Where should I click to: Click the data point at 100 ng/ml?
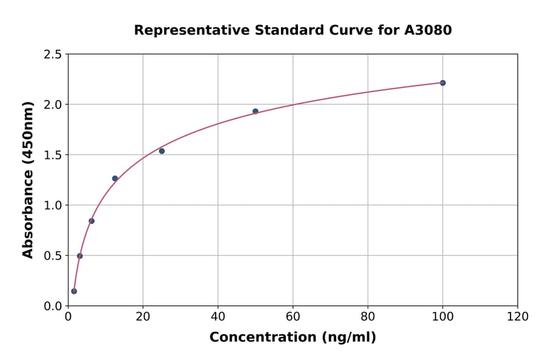point(443,83)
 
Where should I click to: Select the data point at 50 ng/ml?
point(256,112)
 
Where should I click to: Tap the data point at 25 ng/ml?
point(162,151)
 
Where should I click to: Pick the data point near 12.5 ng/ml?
point(115,179)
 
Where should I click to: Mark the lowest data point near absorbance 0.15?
point(74,291)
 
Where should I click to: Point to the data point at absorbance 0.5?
point(80,256)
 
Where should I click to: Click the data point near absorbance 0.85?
point(91,221)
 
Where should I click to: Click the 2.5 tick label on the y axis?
point(53,55)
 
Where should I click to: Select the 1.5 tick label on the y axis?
point(53,155)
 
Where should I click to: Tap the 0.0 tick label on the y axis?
point(53,306)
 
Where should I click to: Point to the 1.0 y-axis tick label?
point(53,205)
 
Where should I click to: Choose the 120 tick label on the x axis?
point(517,316)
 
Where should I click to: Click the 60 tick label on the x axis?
point(292,316)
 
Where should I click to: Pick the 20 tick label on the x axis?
point(143,316)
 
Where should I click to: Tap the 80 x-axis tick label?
point(368,316)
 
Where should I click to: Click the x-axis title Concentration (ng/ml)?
point(292,338)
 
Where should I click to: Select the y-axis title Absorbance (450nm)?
point(28,180)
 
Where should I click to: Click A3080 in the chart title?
point(428,30)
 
